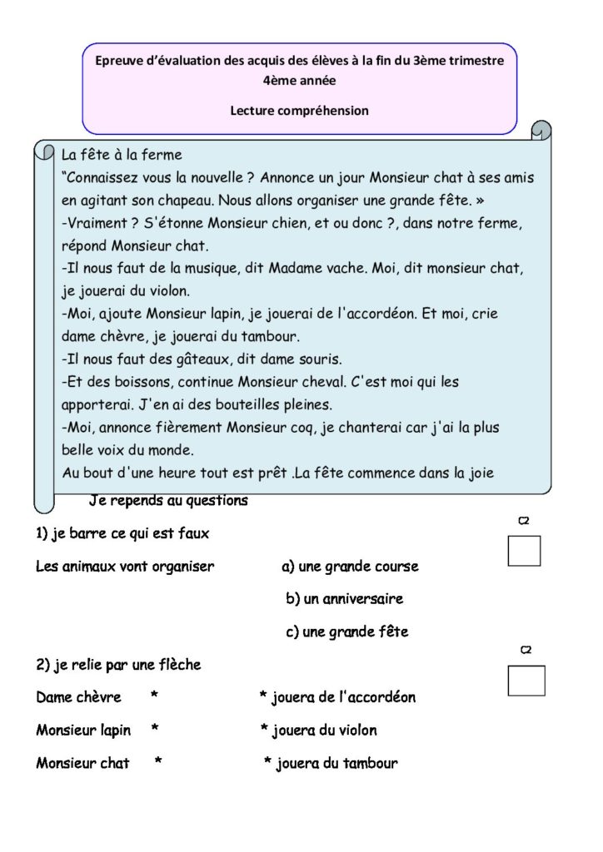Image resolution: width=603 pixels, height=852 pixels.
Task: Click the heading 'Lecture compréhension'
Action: [299, 111]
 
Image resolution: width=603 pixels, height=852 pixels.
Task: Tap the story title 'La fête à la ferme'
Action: [122, 155]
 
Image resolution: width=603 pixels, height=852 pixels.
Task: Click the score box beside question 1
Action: [524, 551]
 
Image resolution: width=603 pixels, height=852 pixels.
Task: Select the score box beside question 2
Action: [526, 681]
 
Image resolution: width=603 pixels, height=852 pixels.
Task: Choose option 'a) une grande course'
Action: [350, 567]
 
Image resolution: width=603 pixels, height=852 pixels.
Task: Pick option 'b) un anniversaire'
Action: [344, 599]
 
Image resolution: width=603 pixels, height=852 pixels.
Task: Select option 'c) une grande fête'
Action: [346, 632]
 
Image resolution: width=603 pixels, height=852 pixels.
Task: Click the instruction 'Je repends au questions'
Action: [168, 501]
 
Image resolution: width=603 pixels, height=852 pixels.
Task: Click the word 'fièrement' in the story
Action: [192, 428]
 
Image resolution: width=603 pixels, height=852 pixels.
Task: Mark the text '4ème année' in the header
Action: [299, 82]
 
